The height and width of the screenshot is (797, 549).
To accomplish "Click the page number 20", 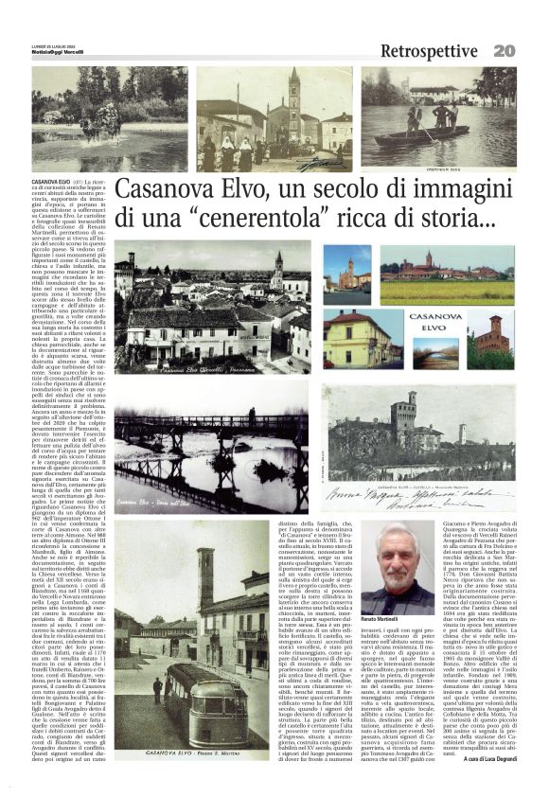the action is coord(530,49).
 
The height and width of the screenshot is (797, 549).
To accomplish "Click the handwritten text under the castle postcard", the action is coord(426,497).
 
